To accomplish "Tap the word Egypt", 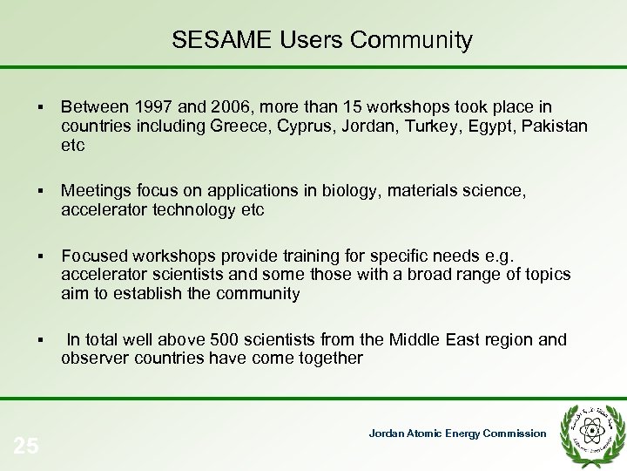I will click(490, 126).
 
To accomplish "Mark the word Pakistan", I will click(555, 126).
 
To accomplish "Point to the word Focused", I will click(93, 256).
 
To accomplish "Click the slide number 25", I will click(26, 446).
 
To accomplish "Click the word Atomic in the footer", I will click(428, 433).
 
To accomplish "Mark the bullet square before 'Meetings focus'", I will click(42, 191).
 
